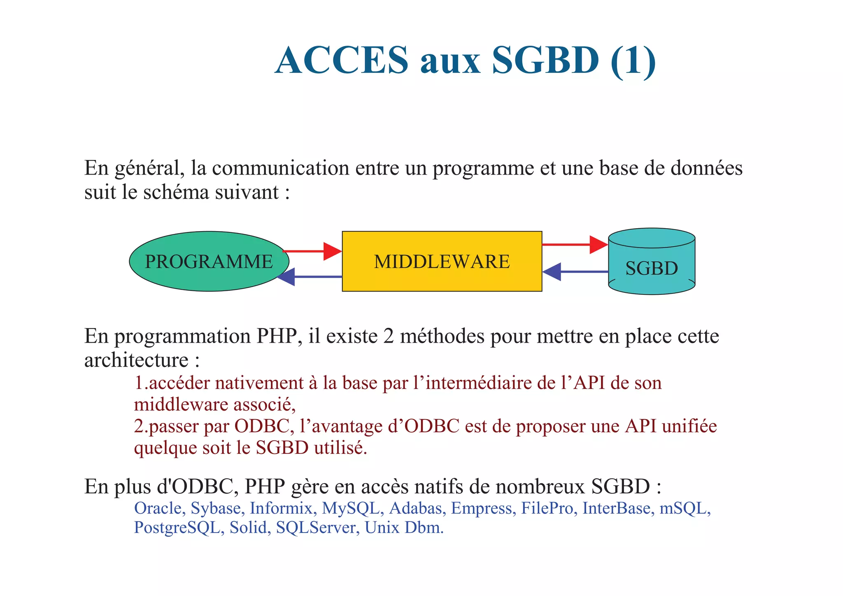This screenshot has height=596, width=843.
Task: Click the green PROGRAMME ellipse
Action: [209, 262]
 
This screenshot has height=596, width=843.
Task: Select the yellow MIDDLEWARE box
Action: [442, 262]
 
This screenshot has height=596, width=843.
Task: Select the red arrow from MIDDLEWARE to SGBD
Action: [575, 245]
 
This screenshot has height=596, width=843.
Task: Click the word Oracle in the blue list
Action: [158, 508]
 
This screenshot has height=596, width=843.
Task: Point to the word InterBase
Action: [616, 508]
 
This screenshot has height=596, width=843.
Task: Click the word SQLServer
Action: [316, 528]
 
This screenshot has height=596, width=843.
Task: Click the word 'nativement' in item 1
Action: [259, 383]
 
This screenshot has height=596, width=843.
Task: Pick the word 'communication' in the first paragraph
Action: [281, 168]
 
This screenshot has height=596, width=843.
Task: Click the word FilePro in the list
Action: [547, 508]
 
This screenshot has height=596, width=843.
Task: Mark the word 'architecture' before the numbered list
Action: [136, 360]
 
